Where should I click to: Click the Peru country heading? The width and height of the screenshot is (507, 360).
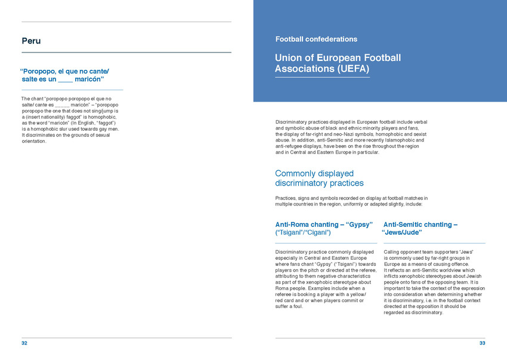coord(31,41)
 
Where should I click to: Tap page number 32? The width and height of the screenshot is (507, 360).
coord(24,343)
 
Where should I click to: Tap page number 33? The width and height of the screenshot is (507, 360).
coord(482,343)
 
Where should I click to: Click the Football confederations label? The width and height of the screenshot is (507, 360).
coord(316,39)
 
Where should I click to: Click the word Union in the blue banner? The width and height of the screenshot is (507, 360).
coord(289,58)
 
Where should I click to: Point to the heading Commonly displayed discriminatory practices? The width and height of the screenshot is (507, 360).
coord(319,178)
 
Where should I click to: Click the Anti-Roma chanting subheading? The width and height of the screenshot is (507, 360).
coord(324,224)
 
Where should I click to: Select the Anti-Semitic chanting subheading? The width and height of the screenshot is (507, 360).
coord(421,224)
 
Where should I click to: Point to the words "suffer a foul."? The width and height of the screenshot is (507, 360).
coord(289,306)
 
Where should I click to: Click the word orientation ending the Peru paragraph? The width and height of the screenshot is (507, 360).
coord(33,141)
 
